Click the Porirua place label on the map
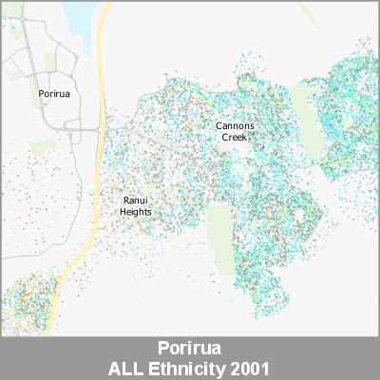pos(53,95)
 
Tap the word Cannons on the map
pos(235,126)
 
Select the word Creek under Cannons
pos(234,138)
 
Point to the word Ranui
pos(135,200)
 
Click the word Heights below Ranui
pos(135,212)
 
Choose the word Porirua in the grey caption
pos(190,347)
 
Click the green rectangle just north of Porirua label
pos(49,62)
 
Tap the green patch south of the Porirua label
pos(43,147)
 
